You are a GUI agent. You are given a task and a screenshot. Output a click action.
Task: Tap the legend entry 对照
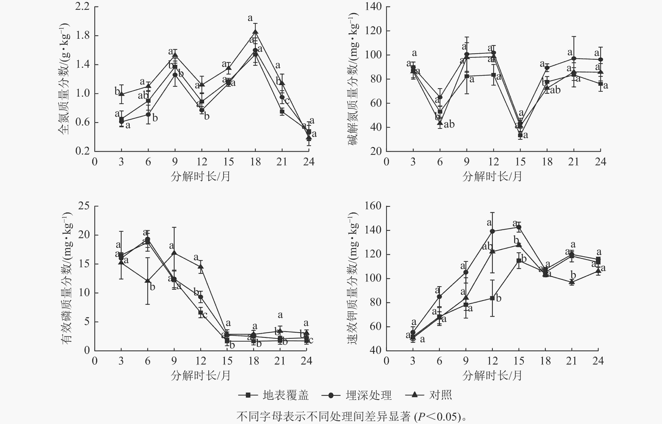point(440,395)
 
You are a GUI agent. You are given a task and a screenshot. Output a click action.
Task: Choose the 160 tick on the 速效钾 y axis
point(373,206)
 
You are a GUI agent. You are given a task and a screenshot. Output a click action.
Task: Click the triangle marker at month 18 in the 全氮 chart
point(255,32)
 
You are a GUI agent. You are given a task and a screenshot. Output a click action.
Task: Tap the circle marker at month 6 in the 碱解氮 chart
point(440,97)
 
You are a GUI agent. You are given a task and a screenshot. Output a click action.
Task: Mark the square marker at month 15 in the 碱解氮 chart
point(520,135)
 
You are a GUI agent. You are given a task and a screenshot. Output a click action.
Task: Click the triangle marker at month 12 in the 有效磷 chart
point(201,267)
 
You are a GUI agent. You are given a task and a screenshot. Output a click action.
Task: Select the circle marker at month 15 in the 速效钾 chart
point(519,227)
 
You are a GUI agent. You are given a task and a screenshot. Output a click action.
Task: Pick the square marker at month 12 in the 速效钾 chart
point(492,298)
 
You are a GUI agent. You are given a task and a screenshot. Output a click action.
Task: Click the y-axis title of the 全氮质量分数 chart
point(64,78)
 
